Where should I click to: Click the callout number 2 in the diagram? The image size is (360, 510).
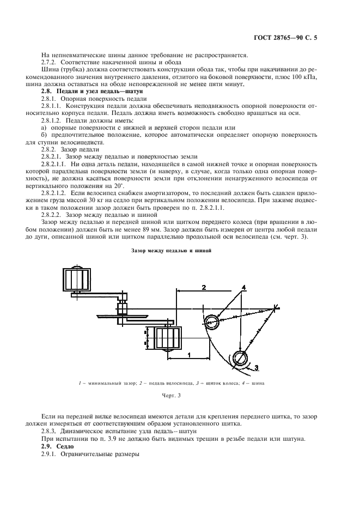pyautogui.click(x=203, y=287)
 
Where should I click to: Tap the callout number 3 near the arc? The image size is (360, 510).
pyautogui.click(x=257, y=366)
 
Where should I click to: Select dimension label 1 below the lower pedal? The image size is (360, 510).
pyautogui.click(x=188, y=355)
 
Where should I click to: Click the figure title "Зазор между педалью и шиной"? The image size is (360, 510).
pyautogui.click(x=171, y=251)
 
